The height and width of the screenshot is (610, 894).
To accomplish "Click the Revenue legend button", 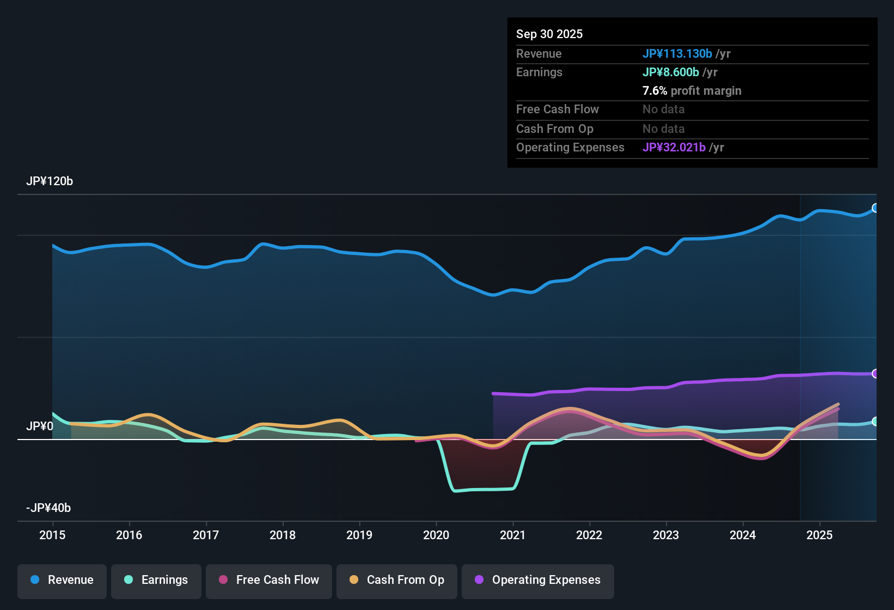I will (62, 580).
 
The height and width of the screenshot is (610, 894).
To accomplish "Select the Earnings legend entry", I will (156, 580).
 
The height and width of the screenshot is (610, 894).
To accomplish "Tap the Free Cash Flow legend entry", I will (269, 580).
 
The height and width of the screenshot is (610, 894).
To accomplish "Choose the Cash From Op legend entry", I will (397, 580).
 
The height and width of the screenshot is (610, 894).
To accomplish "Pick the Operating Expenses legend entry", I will (538, 580).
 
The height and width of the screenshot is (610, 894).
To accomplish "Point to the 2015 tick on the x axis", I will (52, 535).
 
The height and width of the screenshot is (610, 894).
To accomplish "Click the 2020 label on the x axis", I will (436, 535).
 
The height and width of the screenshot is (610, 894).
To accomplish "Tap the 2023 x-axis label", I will (666, 535).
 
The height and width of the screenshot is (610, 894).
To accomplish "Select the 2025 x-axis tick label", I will (819, 535).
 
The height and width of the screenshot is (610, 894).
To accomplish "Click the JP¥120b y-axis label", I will (50, 181).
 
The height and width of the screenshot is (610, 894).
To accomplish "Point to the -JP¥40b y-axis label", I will (48, 508).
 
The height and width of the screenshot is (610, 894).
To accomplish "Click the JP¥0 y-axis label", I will (40, 426).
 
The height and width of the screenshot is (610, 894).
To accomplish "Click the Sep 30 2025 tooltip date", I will (549, 34).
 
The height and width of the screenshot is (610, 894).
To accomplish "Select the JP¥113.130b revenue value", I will (677, 54).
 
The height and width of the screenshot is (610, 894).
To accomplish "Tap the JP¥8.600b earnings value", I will (671, 72).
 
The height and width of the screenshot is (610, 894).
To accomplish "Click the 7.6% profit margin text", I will (692, 91).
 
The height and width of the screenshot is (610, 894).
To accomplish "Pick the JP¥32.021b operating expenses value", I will (674, 148).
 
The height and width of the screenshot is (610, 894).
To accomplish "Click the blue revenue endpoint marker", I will (875, 208).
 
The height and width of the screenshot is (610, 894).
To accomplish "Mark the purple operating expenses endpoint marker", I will (875, 374).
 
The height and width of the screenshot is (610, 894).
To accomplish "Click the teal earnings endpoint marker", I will (875, 422).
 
